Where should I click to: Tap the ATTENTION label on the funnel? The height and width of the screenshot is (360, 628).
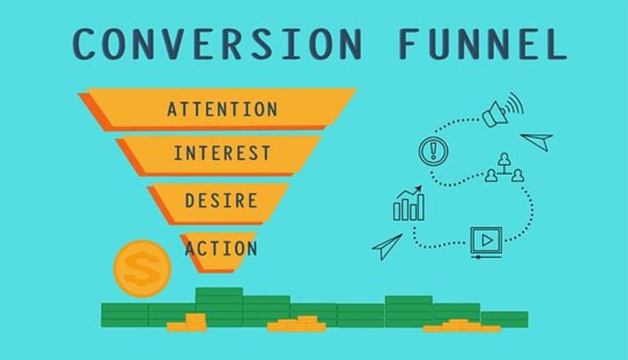click(x=222, y=109)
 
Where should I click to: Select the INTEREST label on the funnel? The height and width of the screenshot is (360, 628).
click(x=222, y=154)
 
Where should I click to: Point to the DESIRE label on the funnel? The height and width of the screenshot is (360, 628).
click(x=222, y=201)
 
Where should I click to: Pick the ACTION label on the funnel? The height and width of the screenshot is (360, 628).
click(x=221, y=248)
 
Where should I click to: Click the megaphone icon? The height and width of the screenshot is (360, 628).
click(x=501, y=111)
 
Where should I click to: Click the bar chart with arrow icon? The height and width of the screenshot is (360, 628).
click(x=409, y=203)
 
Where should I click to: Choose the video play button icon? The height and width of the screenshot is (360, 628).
click(x=484, y=241)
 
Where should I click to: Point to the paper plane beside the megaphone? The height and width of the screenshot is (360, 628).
click(x=537, y=140)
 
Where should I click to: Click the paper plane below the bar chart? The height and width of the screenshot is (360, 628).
click(x=387, y=245)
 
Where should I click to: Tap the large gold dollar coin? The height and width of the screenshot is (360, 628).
click(x=142, y=269)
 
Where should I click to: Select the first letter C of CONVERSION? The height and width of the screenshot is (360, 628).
click(x=86, y=43)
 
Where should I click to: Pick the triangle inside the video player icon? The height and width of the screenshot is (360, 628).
click(x=484, y=241)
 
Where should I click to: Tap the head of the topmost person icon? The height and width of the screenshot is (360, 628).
click(x=505, y=157)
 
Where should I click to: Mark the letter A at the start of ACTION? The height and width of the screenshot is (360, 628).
click(x=191, y=248)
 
